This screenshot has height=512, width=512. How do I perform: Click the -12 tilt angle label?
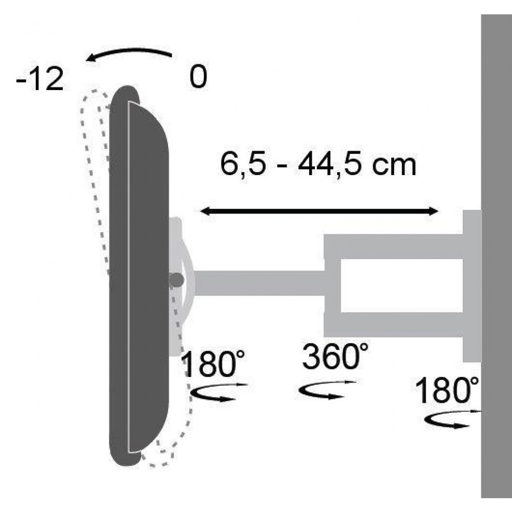(39, 80)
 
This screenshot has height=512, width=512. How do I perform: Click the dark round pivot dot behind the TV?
(177, 280)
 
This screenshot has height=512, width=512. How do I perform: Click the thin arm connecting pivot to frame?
(259, 283)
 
